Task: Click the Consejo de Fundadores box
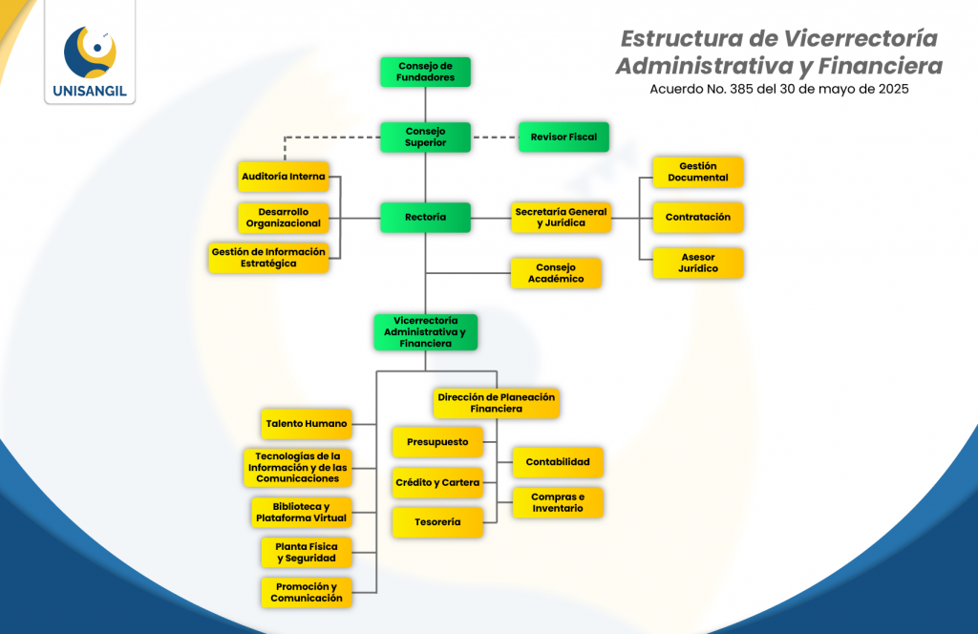click(x=425, y=72)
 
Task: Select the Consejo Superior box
click(x=425, y=137)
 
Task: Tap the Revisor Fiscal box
click(x=563, y=137)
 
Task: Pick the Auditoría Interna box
click(x=284, y=177)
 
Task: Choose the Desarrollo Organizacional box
click(x=284, y=218)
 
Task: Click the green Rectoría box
click(x=425, y=218)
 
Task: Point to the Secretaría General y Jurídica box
click(x=561, y=218)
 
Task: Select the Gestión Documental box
click(x=697, y=172)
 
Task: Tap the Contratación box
click(x=697, y=218)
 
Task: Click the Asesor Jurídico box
click(x=697, y=263)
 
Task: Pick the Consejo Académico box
click(x=556, y=273)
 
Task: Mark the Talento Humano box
click(x=306, y=423)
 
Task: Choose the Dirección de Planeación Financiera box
click(x=496, y=403)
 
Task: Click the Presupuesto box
click(x=437, y=442)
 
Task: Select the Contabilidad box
click(x=558, y=462)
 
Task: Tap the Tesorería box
click(x=437, y=522)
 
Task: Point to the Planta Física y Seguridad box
click(x=306, y=552)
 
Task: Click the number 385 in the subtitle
click(x=740, y=89)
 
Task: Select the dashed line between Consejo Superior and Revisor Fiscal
click(x=495, y=137)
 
